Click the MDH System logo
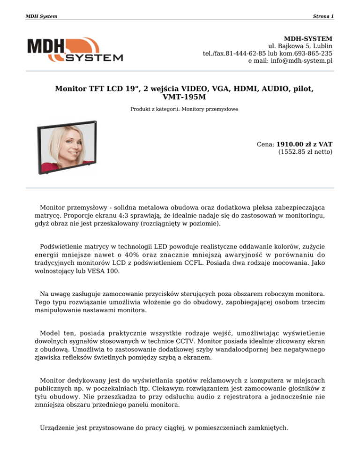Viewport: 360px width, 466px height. point(75,50)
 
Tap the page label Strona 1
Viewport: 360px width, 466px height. point(323,16)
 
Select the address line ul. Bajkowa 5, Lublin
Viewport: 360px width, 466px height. point(300,46)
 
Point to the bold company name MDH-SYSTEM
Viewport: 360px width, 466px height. point(308,38)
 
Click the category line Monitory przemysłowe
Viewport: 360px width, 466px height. point(211,109)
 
